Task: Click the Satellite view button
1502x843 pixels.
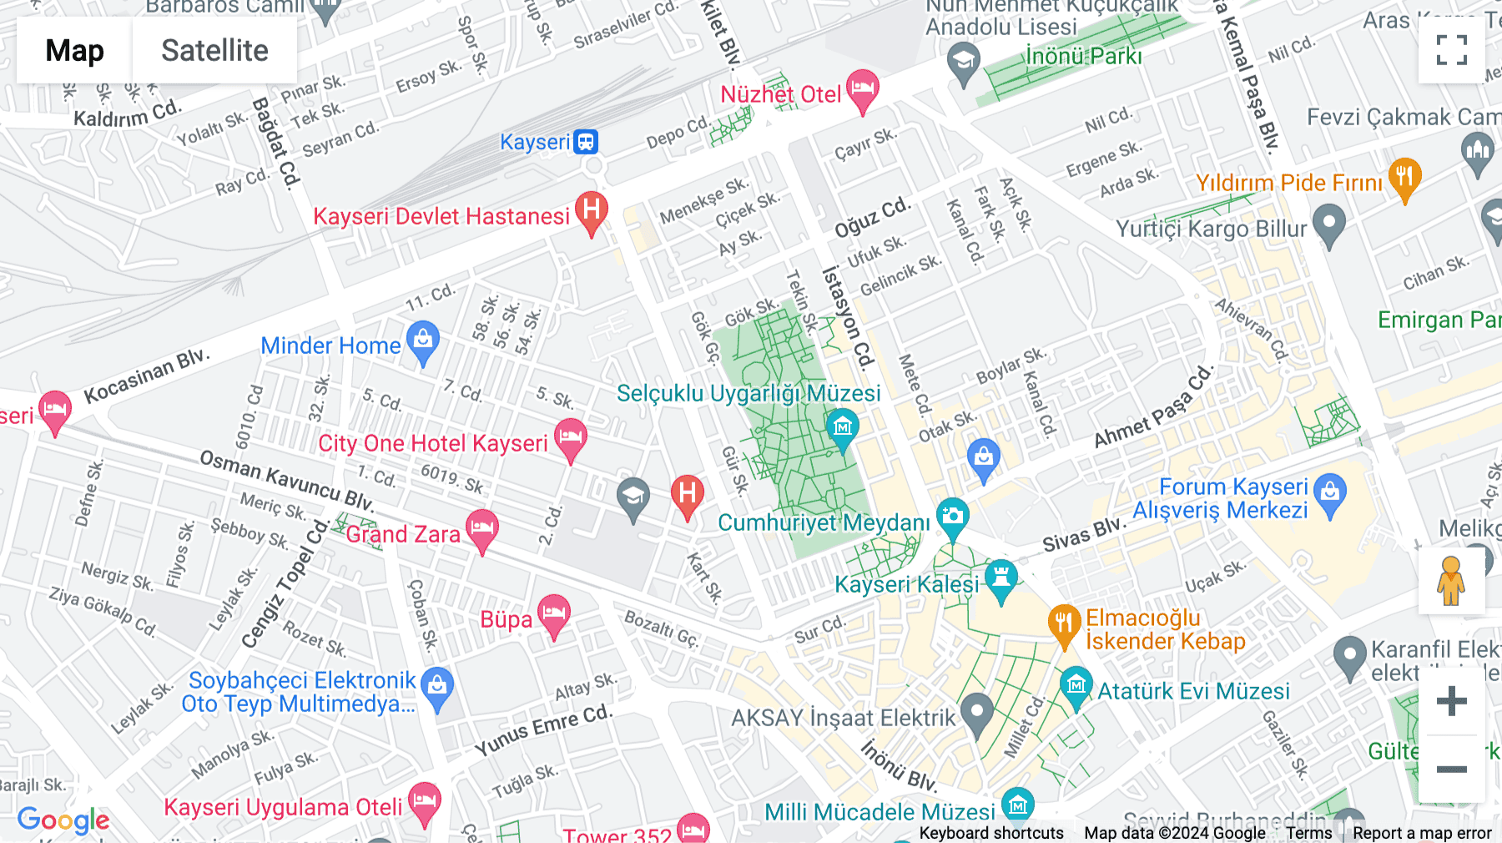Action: pyautogui.click(x=214, y=51)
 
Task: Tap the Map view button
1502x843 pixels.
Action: pyautogui.click(x=74, y=51)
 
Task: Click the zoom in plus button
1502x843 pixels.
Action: pyautogui.click(x=1451, y=701)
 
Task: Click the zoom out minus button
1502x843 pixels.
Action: pyautogui.click(x=1451, y=770)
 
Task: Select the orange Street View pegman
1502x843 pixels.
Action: pyautogui.click(x=1451, y=581)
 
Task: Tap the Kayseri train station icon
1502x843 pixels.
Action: pyautogui.click(x=586, y=142)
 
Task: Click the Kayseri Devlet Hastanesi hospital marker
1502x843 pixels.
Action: pyautogui.click(x=592, y=211)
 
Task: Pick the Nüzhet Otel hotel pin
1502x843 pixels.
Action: pyautogui.click(x=862, y=88)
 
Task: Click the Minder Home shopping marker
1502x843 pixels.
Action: pyautogui.click(x=423, y=341)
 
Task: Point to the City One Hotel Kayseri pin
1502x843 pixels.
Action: pyautogui.click(x=571, y=438)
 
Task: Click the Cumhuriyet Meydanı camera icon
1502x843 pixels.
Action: pyautogui.click(x=952, y=517)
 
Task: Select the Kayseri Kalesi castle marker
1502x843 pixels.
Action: pyautogui.click(x=1000, y=578)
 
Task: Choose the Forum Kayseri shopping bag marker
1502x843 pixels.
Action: pyautogui.click(x=1330, y=493)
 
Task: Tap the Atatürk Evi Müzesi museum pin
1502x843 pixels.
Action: pyautogui.click(x=1076, y=687)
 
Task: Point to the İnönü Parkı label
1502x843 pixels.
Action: pyautogui.click(x=1083, y=57)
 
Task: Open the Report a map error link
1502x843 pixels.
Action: pyautogui.click(x=1422, y=833)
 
